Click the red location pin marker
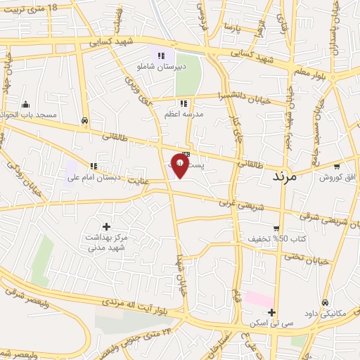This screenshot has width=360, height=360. click(181, 166)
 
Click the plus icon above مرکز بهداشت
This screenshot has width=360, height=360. click(106, 226)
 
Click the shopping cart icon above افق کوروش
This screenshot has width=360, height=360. click(337, 167)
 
